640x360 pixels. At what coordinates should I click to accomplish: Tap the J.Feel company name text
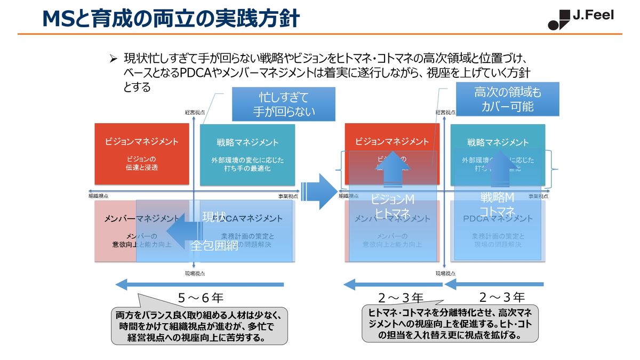click(x=593, y=15)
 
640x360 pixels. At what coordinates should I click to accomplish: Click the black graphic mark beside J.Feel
click(x=558, y=20)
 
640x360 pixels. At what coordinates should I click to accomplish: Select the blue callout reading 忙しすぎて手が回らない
click(x=284, y=104)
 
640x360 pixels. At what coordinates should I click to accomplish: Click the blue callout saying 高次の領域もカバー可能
click(x=507, y=99)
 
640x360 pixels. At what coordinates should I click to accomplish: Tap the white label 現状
click(x=213, y=217)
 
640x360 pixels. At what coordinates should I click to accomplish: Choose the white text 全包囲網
click(x=214, y=246)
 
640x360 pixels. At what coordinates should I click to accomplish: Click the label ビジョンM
click(x=393, y=199)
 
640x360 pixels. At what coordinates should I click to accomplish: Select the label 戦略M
click(x=497, y=198)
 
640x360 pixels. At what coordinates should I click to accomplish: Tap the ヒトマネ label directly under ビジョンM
click(x=392, y=213)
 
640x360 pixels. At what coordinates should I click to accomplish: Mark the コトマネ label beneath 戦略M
click(x=497, y=212)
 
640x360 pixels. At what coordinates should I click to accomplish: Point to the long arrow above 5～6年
click(x=200, y=284)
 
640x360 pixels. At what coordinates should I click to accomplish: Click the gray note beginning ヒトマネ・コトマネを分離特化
click(x=450, y=323)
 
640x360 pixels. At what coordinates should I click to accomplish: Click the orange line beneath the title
click(x=320, y=34)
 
